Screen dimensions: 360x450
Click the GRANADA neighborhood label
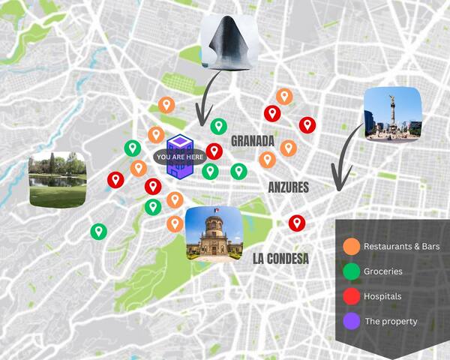[x=252, y=141]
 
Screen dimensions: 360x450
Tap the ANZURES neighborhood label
[x=289, y=187]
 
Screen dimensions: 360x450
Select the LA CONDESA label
[x=280, y=259]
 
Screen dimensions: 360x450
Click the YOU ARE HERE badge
[x=179, y=157]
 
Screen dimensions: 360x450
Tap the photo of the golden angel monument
[x=392, y=114]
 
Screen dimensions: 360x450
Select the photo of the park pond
[x=58, y=180]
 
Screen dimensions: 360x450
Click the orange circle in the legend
[x=350, y=246]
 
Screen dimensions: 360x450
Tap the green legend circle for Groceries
[x=350, y=271]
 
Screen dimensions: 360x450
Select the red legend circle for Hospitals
[x=350, y=295]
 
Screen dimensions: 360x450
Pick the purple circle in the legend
[x=350, y=321]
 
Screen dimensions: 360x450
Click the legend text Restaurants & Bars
[x=401, y=246]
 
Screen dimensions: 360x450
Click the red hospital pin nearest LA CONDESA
[x=297, y=222]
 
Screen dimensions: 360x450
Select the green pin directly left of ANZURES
[x=238, y=172]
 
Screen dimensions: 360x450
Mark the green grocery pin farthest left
[x=97, y=231]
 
